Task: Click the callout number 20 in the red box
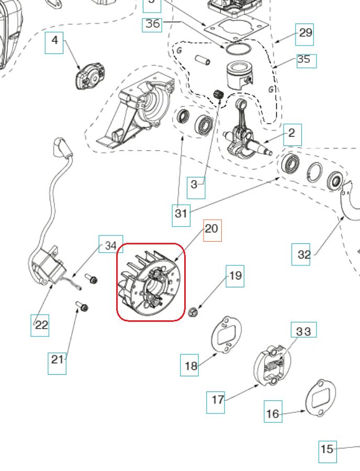[x=212, y=229]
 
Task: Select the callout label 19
[x=235, y=275]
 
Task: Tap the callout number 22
[x=41, y=325]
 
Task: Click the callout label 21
[x=57, y=360]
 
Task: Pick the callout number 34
[x=111, y=245]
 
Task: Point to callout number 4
[x=54, y=42]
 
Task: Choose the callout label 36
[x=152, y=24]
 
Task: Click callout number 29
[x=305, y=34]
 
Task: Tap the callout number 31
[x=181, y=214]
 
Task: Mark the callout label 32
[x=303, y=255]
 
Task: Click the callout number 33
[x=303, y=331]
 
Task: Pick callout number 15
[x=327, y=449]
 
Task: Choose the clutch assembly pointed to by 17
[x=271, y=363]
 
